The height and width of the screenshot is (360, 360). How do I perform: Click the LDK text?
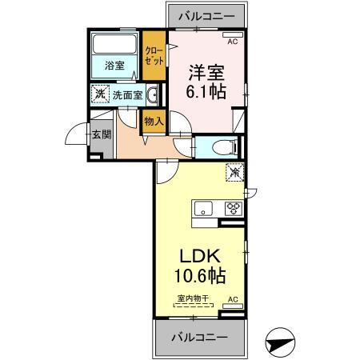[198, 258]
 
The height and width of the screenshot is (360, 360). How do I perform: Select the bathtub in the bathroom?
[114, 46]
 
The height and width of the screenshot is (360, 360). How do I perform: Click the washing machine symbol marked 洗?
[99, 94]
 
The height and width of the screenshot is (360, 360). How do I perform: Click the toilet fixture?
[225, 147]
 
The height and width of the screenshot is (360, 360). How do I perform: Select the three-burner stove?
[234, 209]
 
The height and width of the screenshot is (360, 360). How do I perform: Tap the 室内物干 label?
[193, 299]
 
